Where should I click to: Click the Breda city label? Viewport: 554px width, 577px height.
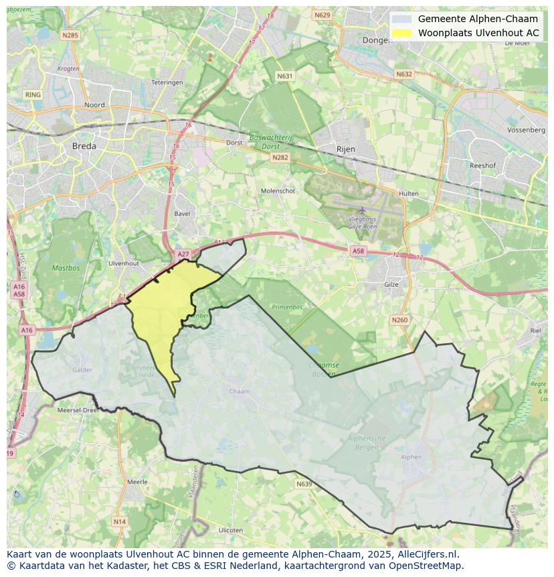pos(84,145)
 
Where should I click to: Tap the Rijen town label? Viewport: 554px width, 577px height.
pos(345,149)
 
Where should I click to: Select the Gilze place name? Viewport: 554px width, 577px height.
pos(391,284)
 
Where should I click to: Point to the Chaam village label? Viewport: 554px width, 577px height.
pos(239,391)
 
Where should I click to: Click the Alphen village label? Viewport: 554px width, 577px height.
pos(411,457)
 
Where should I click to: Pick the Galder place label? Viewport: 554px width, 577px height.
pos(82,369)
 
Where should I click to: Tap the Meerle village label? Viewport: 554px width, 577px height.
pos(137,482)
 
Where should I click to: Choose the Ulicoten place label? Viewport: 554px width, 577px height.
pos(231,530)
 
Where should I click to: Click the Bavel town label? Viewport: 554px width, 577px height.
pos(182,214)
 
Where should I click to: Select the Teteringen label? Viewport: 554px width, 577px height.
pos(167,82)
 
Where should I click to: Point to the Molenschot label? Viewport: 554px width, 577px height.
pos(278,190)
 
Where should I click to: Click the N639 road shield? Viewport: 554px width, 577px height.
pos(304,483)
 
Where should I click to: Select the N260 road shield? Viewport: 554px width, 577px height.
pos(399,320)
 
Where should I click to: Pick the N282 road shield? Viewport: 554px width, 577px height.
pos(280,157)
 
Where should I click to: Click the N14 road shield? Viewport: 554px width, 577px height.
pos(119,521)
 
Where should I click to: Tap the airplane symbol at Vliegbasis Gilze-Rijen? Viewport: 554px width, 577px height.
pos(363,210)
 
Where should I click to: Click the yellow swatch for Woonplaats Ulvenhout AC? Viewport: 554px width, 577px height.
pos(401,33)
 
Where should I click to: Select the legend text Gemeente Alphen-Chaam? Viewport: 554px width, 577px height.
pos(478,19)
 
